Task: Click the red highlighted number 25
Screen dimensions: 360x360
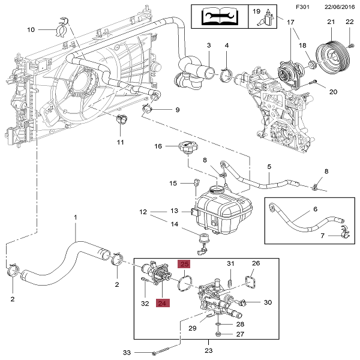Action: (x=184, y=264)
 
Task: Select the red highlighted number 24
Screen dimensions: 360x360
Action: (x=163, y=303)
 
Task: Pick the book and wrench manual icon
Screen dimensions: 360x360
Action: (x=219, y=16)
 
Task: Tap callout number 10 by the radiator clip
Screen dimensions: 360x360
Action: (x=31, y=29)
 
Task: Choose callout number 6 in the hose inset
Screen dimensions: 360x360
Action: (x=314, y=209)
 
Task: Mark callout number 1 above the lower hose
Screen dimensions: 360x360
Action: (x=76, y=217)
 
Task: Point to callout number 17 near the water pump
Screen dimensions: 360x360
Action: (x=291, y=23)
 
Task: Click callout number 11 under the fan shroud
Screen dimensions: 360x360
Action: (x=120, y=142)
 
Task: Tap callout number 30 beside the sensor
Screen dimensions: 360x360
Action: (x=268, y=302)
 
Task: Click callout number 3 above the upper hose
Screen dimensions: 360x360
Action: (x=209, y=46)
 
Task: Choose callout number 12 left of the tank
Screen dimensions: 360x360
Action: (x=143, y=212)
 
